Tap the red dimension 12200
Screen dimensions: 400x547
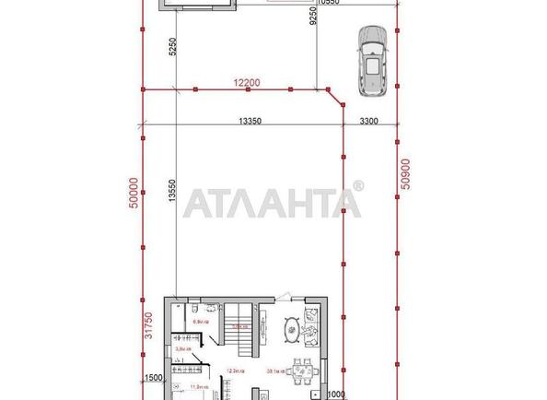247,83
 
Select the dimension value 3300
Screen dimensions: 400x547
370,120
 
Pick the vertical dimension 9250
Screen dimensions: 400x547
315,20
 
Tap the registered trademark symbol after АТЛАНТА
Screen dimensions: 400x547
357,187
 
